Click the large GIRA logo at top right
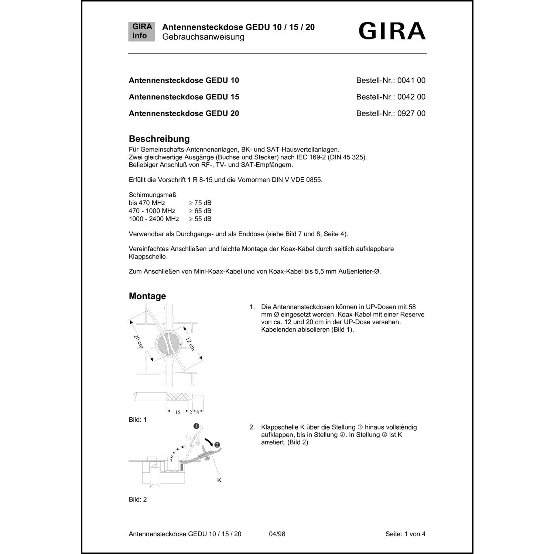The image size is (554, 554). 392,31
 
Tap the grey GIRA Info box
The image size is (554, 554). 141,31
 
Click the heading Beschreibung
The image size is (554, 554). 159,139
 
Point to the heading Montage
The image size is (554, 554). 147,296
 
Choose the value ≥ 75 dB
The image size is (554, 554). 200,203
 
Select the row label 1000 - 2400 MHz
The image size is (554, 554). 154,219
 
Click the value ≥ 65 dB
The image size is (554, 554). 200,211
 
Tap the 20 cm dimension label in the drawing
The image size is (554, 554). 138,342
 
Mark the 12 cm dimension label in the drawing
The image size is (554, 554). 190,344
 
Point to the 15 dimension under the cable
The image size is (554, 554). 178,412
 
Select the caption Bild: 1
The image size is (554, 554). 138,420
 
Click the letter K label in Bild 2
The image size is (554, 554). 219,480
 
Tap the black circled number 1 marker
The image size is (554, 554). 196,426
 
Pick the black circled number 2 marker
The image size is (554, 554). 217,444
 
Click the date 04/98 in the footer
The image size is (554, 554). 277,534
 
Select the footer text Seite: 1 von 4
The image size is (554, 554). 405,534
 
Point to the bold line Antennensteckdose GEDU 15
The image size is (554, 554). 184,97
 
